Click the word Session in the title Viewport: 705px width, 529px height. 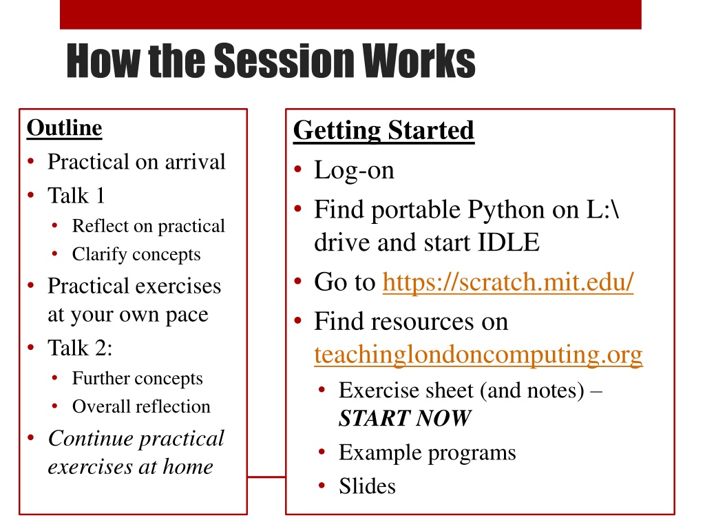pos(284,61)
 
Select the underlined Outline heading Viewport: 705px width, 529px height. pos(64,128)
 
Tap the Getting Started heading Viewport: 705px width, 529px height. pos(383,131)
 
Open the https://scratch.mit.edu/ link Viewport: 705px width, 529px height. pos(508,282)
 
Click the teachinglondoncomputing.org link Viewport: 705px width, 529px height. pos(478,355)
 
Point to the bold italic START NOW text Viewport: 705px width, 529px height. pos(405,418)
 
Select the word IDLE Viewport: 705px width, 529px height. pos(508,242)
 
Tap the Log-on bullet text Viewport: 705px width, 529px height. pos(354,171)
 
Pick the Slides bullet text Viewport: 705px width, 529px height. pos(368,486)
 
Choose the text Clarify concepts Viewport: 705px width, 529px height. pos(136,255)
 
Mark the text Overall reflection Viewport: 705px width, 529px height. pos(141,406)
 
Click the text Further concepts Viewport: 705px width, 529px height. pos(138,379)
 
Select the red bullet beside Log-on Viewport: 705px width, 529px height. pos(297,169)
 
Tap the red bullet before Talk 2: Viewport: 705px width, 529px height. pos(31,347)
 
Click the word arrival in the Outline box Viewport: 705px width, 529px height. pos(195,162)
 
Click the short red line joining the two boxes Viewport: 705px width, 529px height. pos(266,477)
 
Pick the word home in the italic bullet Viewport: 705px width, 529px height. pos(188,467)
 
